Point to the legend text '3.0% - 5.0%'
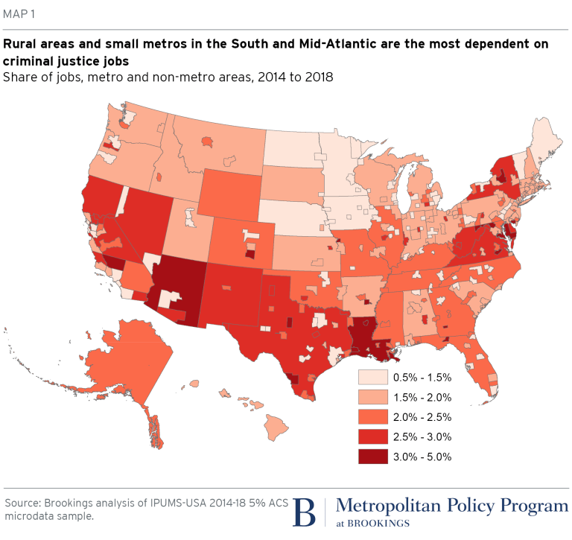(x=422, y=457)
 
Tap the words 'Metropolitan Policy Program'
(x=451, y=506)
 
